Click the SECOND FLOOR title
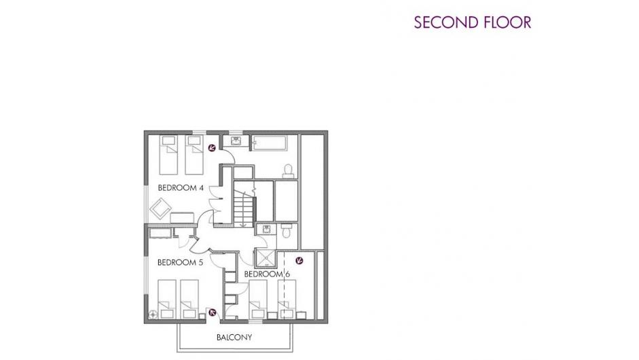click(x=473, y=22)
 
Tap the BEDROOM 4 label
click(x=181, y=188)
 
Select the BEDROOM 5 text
click(x=180, y=263)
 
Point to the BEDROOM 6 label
click(x=267, y=274)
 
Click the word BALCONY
click(x=234, y=338)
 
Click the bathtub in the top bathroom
click(x=270, y=143)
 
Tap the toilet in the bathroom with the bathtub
click(x=288, y=171)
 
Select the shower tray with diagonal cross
click(x=266, y=258)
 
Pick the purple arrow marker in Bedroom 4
click(x=212, y=148)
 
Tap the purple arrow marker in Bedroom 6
click(x=299, y=261)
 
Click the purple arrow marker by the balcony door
click(x=213, y=312)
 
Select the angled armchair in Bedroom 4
click(x=160, y=209)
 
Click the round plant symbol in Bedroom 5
click(x=153, y=314)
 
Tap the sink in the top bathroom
click(x=236, y=141)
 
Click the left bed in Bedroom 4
click(x=168, y=155)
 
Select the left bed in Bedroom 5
click(x=166, y=299)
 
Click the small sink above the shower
click(x=266, y=229)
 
